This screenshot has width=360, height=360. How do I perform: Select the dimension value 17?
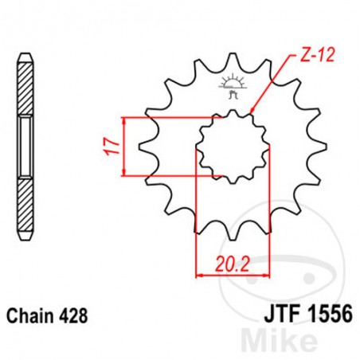tap(112, 146)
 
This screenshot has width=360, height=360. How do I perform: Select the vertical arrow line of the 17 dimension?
tap(124, 146)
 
